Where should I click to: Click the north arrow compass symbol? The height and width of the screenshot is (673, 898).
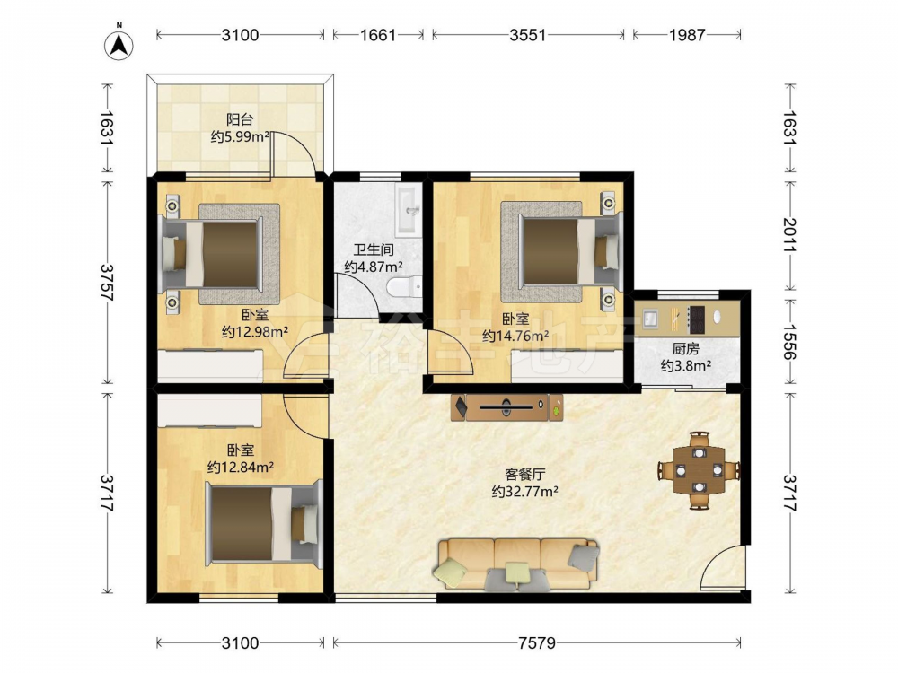pyautogui.click(x=119, y=43)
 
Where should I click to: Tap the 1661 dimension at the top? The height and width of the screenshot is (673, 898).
pyautogui.click(x=377, y=35)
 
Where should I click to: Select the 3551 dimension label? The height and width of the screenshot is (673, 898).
pyautogui.click(x=527, y=35)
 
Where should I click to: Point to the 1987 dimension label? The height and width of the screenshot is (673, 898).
pyautogui.click(x=687, y=35)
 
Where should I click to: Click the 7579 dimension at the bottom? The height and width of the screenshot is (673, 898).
pyautogui.click(x=537, y=643)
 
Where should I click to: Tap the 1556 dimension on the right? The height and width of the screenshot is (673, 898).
pyautogui.click(x=789, y=342)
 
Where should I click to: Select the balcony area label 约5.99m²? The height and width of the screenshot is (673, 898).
pyautogui.click(x=240, y=136)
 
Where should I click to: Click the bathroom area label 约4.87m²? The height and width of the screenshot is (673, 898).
pyautogui.click(x=374, y=267)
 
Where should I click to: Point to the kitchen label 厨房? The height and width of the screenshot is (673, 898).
pyautogui.click(x=685, y=348)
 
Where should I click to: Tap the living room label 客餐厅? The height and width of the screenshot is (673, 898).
pyautogui.click(x=524, y=475)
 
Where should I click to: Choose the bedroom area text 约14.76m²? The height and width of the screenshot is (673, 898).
pyautogui.click(x=515, y=336)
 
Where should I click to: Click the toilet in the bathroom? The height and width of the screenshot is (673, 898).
pyautogui.click(x=404, y=285)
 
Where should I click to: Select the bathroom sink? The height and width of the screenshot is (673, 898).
pyautogui.click(x=409, y=211)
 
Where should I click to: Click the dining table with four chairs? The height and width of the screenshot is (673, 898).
pyautogui.click(x=699, y=470)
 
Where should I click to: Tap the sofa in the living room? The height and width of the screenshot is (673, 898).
pyautogui.click(x=518, y=564)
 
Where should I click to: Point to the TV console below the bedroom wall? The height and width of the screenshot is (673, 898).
pyautogui.click(x=506, y=407)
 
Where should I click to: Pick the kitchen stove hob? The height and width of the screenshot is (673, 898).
pyautogui.click(x=696, y=320)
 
